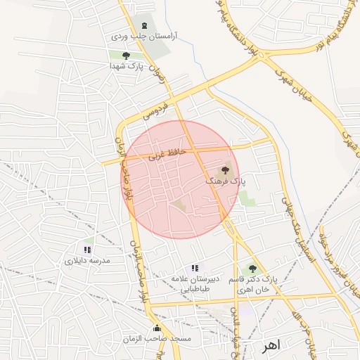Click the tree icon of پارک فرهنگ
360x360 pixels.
[x=226, y=169]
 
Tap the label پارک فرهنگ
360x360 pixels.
[x=226, y=181]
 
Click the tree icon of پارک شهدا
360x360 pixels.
[x=127, y=56]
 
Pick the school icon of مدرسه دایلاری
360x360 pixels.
[x=87, y=250]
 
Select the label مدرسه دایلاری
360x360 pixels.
[x=88, y=260]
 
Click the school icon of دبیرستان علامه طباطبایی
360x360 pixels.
[x=195, y=268]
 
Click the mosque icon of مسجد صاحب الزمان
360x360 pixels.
[x=156, y=328]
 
